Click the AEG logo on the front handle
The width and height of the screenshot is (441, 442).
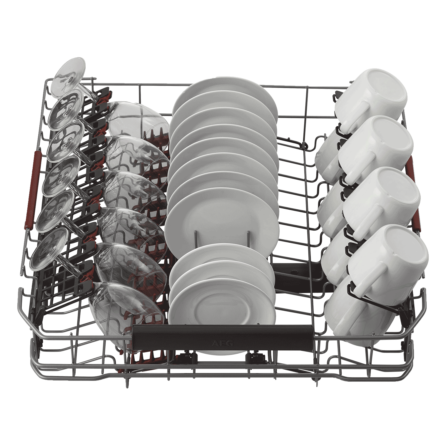pos(223,343)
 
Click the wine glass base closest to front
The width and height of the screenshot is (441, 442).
pos(49,249)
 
